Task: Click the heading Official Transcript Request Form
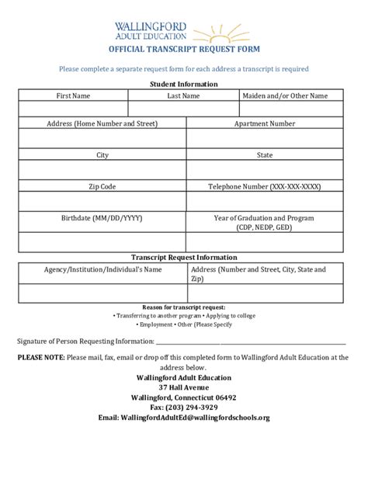pos(184,49)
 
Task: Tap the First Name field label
pos(73,95)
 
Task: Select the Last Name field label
pos(183,95)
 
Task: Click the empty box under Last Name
pos(183,109)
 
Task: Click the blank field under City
pos(102,169)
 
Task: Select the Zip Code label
pos(102,186)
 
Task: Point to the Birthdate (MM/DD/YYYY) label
pos(102,218)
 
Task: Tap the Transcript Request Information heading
pos(184,257)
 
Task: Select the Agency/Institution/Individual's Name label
pos(102,269)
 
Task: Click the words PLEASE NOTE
pos(41,358)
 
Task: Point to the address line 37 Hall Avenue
pos(184,387)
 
